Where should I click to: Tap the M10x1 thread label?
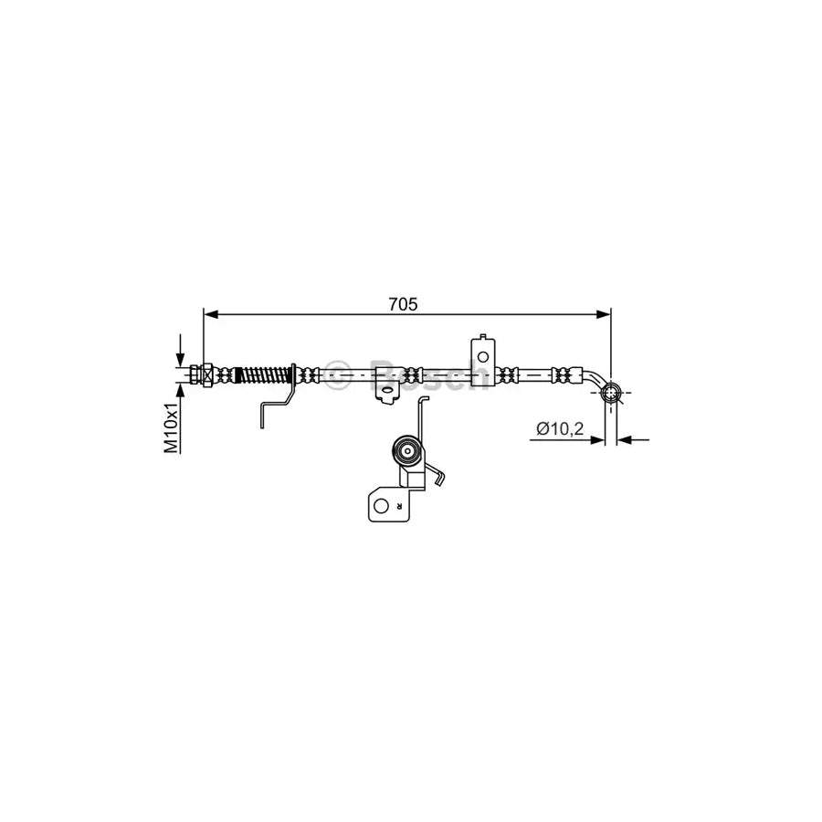[171, 429]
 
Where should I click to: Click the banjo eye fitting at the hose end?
[611, 395]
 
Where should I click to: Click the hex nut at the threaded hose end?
[207, 374]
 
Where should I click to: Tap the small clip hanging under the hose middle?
[388, 394]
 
